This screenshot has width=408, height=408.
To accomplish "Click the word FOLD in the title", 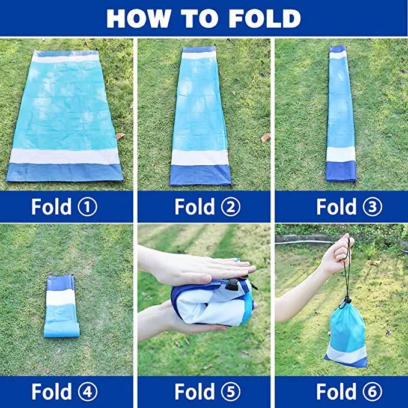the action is [x=265, y=18].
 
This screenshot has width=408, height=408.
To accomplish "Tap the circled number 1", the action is [x=88, y=207].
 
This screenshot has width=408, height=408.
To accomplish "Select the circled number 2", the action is [x=231, y=207].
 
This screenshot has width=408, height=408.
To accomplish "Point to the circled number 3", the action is [x=373, y=207].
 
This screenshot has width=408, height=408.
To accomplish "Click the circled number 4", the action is [x=88, y=391].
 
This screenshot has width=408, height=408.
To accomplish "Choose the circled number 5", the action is [x=231, y=391].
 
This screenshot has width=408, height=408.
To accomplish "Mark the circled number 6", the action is [x=373, y=391].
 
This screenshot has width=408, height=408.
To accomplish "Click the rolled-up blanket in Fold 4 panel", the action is [x=61, y=306].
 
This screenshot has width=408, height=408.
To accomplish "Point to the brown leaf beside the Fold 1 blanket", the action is [x=120, y=136].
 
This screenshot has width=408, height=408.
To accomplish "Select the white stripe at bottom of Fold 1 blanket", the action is [x=64, y=156].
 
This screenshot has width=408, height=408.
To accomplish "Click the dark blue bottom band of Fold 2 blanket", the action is [x=200, y=175].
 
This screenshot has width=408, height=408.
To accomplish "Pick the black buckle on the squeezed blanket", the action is [x=232, y=285].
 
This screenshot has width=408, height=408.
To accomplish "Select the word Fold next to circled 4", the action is [x=51, y=391].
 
